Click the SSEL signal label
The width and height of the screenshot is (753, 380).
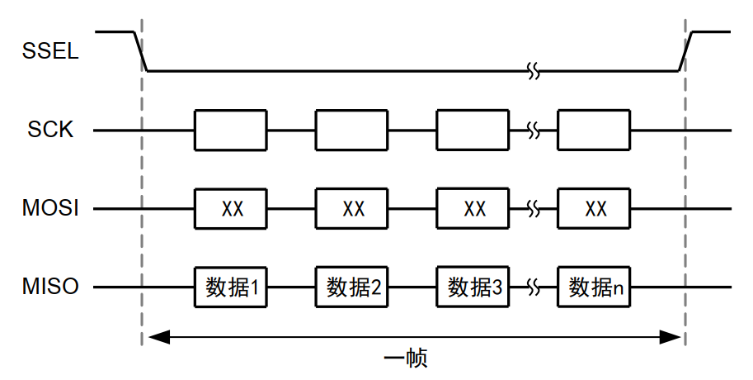tap(50, 51)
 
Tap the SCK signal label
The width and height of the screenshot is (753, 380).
tap(50, 130)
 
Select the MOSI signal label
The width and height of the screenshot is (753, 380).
tap(50, 208)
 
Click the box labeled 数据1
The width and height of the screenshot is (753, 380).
tap(231, 287)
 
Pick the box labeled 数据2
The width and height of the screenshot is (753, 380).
tap(352, 287)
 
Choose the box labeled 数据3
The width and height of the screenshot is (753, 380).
tap(473, 287)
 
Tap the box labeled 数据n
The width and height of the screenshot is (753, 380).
tap(594, 287)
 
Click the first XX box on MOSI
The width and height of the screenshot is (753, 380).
tap(231, 209)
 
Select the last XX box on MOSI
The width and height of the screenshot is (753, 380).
tap(594, 209)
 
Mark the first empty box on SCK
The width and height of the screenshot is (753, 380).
tap(231, 131)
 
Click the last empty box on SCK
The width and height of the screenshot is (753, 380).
tap(594, 131)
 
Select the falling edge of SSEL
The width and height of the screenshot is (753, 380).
tap(141, 51)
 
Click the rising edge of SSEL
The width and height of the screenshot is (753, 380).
tap(686, 51)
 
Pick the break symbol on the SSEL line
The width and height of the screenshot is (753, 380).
tap(534, 71)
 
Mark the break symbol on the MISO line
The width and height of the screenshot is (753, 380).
tap(534, 287)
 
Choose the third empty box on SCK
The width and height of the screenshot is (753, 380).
tap(473, 131)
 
